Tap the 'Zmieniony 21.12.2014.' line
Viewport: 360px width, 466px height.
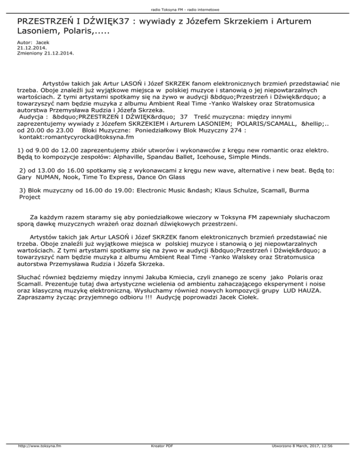pyautogui.click(x=45, y=53)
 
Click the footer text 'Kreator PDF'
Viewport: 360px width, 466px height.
pyautogui.click(x=160, y=459)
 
